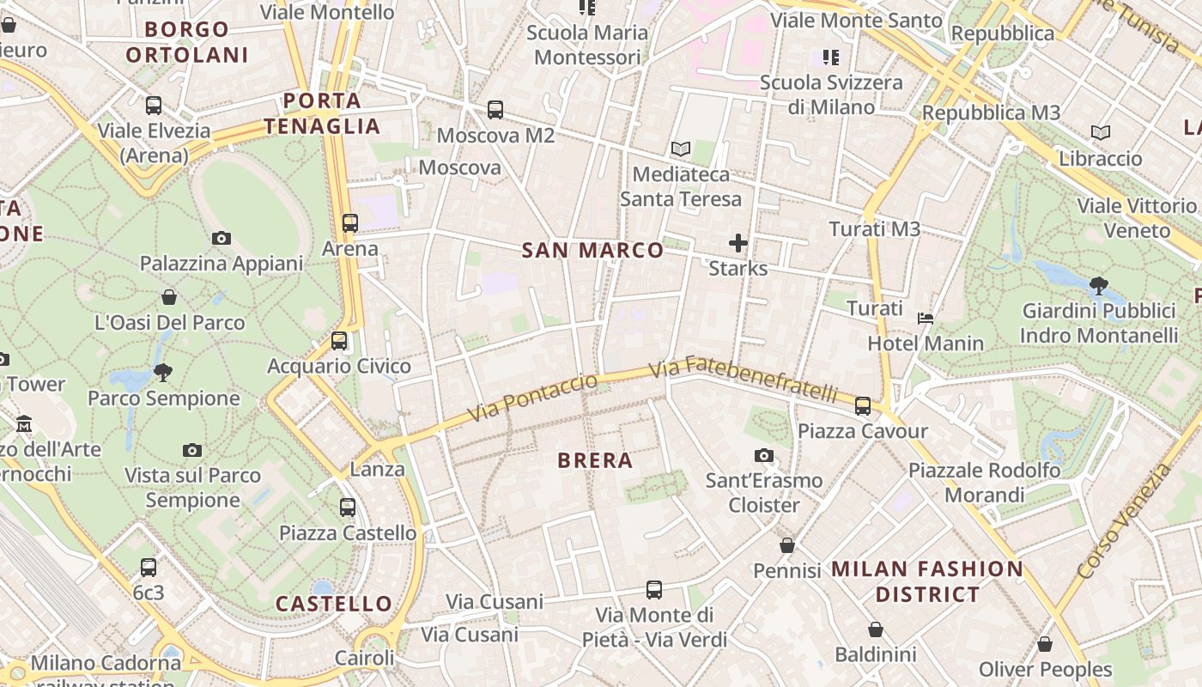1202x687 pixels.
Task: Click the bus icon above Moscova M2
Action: pos(495,110)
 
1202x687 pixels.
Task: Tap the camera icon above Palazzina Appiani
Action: pos(222,238)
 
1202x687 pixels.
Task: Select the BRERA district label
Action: pos(595,460)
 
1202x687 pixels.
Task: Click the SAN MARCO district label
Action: pos(593,251)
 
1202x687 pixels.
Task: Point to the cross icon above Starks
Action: pos(738,243)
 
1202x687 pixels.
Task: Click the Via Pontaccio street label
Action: pos(532,398)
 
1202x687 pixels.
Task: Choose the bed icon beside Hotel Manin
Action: pos(926,319)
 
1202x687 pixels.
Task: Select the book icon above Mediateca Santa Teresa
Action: pos(681,149)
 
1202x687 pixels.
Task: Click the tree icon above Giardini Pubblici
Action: pos(1098,285)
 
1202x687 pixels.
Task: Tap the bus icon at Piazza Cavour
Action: pos(863,405)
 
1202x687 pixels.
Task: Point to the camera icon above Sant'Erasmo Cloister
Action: pos(764,455)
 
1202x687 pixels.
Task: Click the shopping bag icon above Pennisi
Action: pos(787,545)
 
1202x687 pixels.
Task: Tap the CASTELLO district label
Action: pos(334,604)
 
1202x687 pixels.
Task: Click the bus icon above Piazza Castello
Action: pos(348,508)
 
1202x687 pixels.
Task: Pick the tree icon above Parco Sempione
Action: pos(163,373)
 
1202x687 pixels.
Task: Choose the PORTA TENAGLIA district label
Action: pos(322,113)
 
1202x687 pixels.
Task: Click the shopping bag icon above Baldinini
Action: pos(876,629)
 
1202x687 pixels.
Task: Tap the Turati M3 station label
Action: pos(874,229)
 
